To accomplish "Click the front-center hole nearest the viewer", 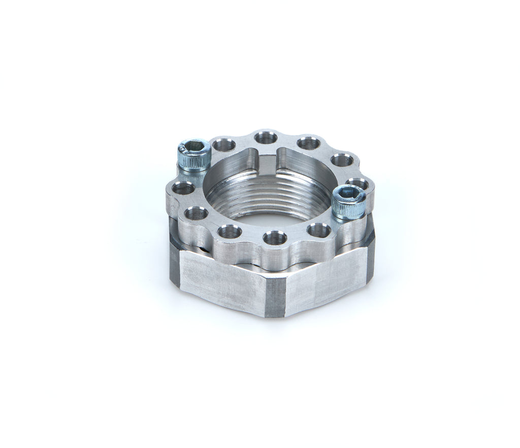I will tap(275, 237).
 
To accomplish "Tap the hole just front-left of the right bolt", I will tap(318, 230).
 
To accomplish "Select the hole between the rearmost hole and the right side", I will tap(308, 143).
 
